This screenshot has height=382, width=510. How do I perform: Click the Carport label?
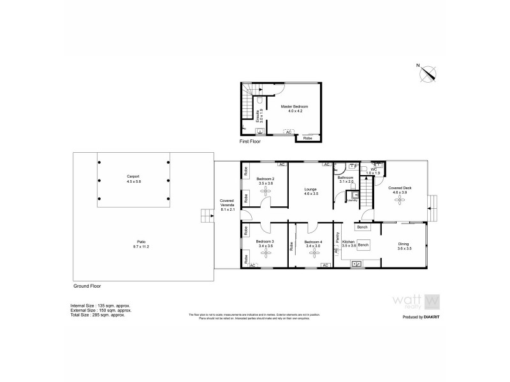tap(133, 178)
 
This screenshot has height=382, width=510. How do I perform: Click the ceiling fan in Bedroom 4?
tap(313, 253)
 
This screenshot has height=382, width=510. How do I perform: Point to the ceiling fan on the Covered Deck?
tap(401, 201)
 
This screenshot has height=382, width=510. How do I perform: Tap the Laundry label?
tap(352, 201)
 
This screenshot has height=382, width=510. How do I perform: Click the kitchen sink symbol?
tap(356, 262)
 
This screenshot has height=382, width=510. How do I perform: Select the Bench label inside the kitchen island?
tap(363, 244)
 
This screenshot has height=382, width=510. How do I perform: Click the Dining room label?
tap(404, 245)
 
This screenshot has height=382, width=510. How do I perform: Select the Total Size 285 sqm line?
tap(98, 315)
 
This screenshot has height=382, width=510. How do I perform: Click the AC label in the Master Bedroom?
tap(288, 132)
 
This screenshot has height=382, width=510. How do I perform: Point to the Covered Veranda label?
tap(228, 203)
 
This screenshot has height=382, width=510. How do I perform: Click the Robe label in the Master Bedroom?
tap(308, 137)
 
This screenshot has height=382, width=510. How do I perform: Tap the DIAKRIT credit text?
tap(424, 316)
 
